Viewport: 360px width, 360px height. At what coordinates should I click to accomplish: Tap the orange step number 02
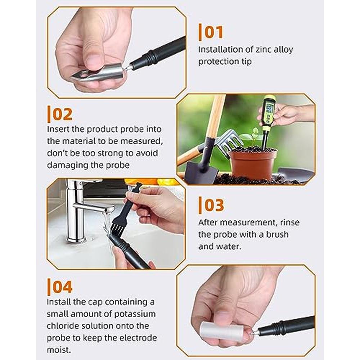point(62,114)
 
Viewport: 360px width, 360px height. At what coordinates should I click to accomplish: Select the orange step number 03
point(214,205)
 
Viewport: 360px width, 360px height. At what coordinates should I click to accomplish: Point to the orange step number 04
point(62,287)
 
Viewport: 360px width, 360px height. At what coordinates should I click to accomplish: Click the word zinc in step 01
point(263,50)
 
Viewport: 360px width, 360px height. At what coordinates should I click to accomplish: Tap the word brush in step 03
point(277,234)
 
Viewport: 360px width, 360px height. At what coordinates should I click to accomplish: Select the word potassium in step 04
point(135,314)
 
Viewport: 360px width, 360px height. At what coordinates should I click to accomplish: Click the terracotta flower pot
point(253,163)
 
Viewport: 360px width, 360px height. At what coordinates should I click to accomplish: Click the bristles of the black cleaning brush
point(117,228)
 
